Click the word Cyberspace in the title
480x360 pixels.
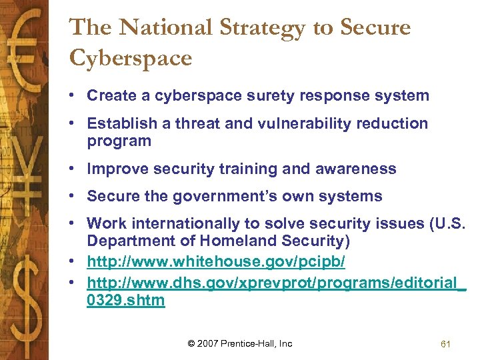(x=131, y=58)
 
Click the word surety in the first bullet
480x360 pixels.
(x=277, y=95)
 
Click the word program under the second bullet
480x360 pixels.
(x=119, y=141)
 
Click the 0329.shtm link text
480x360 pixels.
(x=125, y=300)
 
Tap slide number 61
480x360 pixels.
(x=446, y=344)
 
